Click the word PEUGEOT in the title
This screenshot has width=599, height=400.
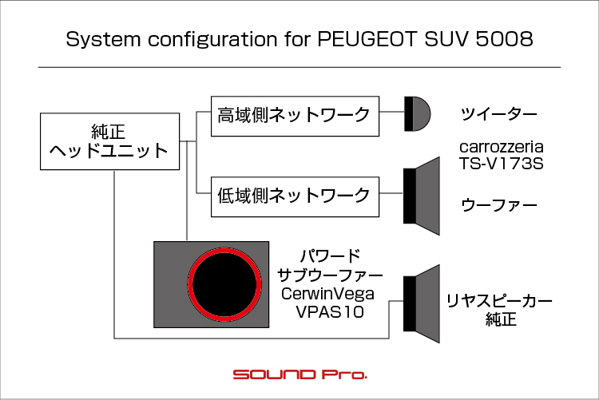(x=367, y=38)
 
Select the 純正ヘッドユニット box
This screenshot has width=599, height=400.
(x=109, y=141)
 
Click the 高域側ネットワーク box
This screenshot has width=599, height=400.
(x=295, y=116)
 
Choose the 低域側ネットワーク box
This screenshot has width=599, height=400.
(x=295, y=196)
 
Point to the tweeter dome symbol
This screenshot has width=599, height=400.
(x=417, y=114)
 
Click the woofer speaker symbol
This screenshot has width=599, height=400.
(x=422, y=196)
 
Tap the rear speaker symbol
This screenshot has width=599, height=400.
(x=422, y=303)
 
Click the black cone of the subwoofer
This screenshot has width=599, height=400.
(x=224, y=284)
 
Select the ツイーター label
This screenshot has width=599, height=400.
(x=499, y=114)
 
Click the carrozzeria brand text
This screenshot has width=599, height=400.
(x=502, y=147)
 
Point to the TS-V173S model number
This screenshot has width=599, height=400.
(x=502, y=164)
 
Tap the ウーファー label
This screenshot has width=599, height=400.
(x=499, y=205)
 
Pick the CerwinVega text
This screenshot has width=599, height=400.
(x=327, y=294)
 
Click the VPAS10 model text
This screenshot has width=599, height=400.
(x=330, y=312)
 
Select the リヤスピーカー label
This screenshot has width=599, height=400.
(x=499, y=302)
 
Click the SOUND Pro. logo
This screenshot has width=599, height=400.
(x=299, y=374)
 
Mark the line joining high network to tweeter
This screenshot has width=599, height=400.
(x=391, y=112)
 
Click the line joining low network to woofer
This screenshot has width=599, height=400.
(x=391, y=193)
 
